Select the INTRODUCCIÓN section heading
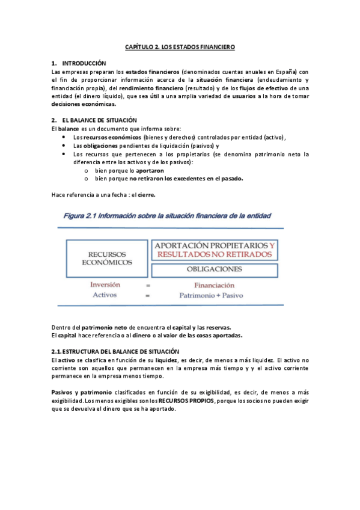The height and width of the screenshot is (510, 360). pos(84,63)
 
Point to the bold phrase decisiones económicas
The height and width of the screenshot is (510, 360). pos(84,103)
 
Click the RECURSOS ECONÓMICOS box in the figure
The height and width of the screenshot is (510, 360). pos(106,258)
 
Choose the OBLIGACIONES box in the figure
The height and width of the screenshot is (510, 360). pos(214,269)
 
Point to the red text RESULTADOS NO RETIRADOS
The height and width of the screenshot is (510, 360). pos(214,254)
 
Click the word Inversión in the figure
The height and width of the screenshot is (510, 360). pos(105,285)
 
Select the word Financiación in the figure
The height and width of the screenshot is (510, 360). pos(214,285)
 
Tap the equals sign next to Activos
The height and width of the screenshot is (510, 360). pos(147,295)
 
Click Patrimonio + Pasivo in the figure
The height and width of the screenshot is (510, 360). pos(214,295)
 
